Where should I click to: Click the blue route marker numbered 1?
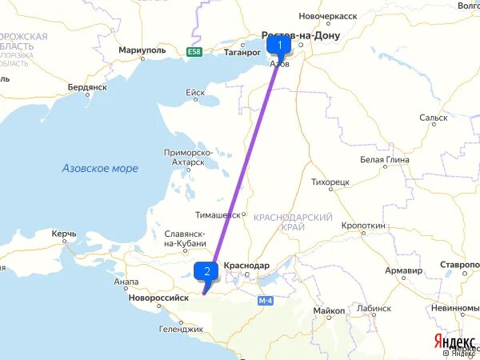point(279,45)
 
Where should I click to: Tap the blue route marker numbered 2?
point(207,271)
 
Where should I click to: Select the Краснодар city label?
point(246,266)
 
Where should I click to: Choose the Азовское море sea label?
point(100,169)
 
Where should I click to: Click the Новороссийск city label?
point(157,297)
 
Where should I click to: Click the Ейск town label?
point(195,93)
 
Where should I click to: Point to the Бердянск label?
point(86,86)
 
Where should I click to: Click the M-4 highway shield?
point(266,300)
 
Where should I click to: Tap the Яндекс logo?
point(453,341)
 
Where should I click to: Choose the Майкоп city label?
point(329,310)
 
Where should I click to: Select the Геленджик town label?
point(180,329)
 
